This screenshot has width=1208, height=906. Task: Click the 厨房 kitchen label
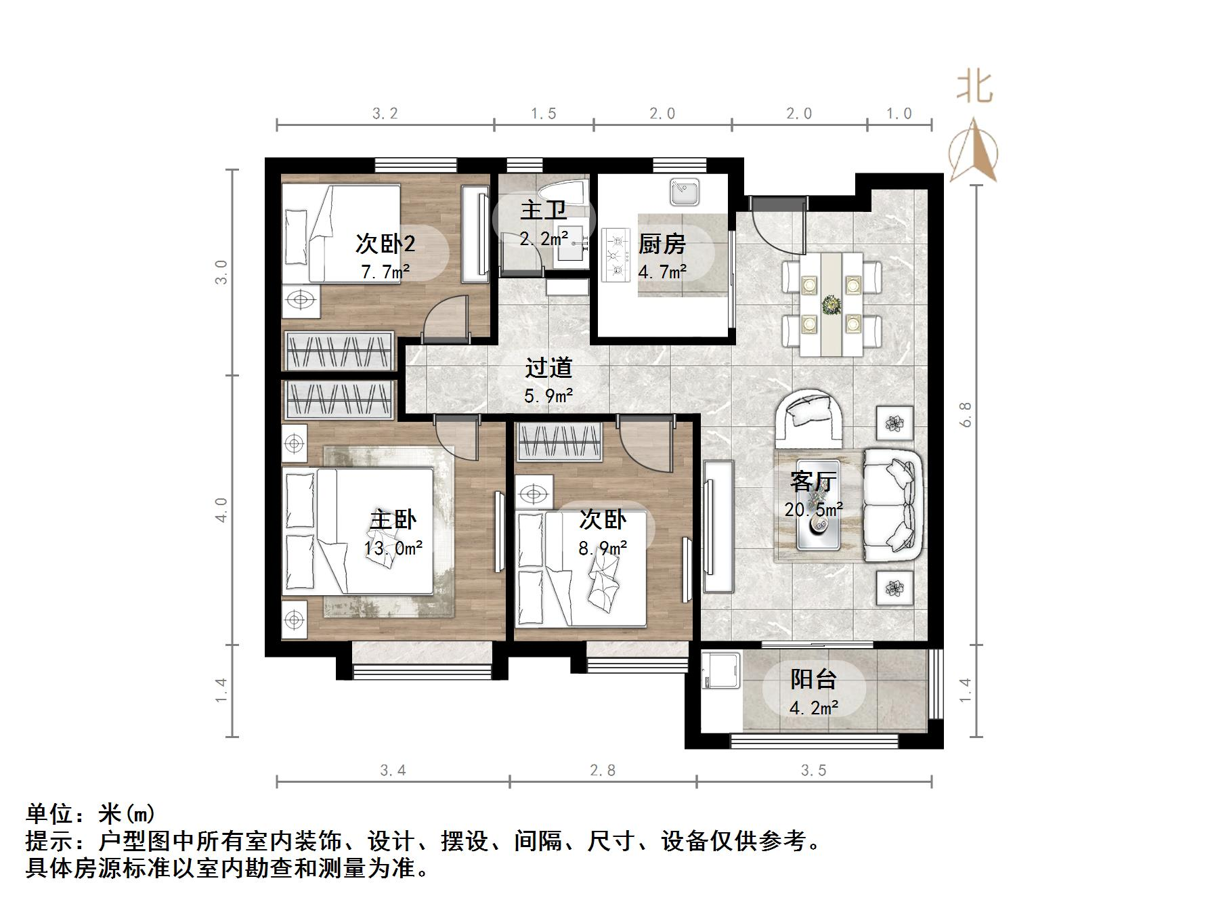(662, 244)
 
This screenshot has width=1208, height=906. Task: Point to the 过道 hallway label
(548, 368)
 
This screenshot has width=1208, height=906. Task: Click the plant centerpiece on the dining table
(831, 305)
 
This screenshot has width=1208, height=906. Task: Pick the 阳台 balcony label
(813, 678)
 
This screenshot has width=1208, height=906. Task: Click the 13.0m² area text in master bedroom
(393, 547)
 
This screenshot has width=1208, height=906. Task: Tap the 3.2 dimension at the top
(385, 114)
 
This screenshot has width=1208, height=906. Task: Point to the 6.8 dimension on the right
(966, 414)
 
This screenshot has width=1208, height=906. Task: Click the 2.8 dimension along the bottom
(602, 771)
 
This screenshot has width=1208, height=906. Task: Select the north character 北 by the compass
(974, 88)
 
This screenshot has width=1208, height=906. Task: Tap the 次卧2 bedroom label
(385, 244)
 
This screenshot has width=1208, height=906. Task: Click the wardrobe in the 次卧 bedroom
(559, 442)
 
